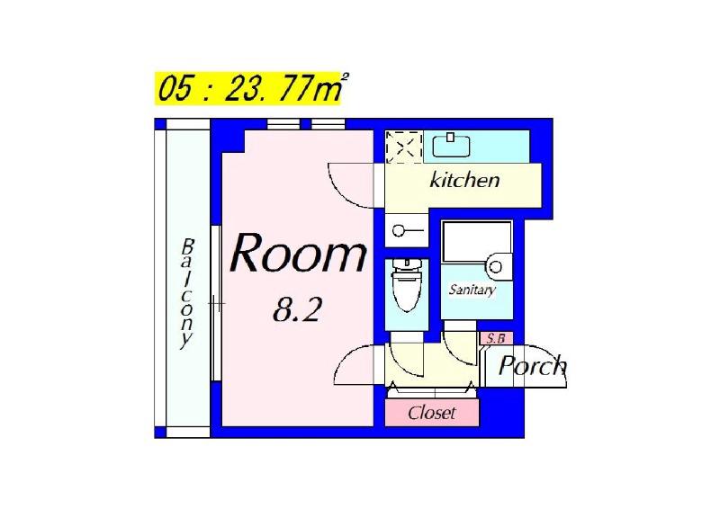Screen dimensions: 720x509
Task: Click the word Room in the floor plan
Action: [299, 254]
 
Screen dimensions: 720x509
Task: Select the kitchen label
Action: [464, 180]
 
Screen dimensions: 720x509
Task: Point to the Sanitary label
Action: [472, 290]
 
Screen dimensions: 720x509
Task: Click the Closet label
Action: [432, 413]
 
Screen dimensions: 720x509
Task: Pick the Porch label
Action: [533, 365]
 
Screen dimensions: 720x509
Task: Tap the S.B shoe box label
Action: [496, 339]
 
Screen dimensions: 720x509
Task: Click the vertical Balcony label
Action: [186, 294]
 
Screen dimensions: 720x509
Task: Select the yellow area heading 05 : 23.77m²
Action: [250, 88]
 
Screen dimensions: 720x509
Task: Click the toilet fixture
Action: [406, 284]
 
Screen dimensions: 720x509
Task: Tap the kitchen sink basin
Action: [452, 146]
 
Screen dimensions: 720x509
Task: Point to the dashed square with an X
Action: [403, 147]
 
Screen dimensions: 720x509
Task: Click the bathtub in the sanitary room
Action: [476, 242]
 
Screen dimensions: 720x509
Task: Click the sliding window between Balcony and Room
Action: [216, 303]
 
